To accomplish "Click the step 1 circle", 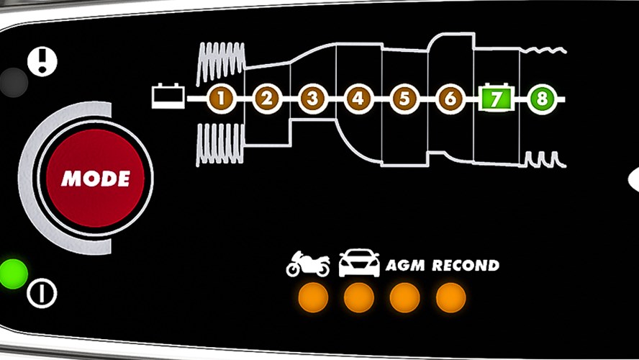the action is (222, 99).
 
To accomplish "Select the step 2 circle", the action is (267, 99).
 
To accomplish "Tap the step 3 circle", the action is (313, 99).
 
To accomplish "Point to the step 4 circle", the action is (358, 99).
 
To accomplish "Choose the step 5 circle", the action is (404, 99).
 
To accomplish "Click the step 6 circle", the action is (450, 99).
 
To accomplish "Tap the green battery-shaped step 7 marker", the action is (496, 98).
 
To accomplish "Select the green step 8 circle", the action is (542, 99).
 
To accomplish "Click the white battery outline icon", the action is (168, 96).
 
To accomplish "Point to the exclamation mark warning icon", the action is (42, 62).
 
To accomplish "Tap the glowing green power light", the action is (13, 274).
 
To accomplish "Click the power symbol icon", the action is (42, 293).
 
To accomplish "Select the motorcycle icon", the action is (308, 264).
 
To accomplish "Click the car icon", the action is (359, 263).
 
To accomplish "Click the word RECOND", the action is (466, 266).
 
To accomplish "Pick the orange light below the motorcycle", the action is (313, 297).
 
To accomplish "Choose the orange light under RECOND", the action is (450, 297).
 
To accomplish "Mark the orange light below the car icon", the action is (359, 297).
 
